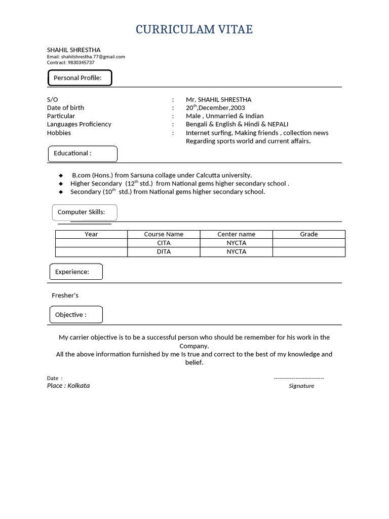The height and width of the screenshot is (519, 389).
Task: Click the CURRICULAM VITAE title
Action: pyautogui.click(x=194, y=30)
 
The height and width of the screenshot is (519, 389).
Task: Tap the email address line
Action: pyautogui.click(x=86, y=57)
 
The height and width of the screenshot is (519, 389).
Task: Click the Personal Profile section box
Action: pyautogui.click(x=80, y=78)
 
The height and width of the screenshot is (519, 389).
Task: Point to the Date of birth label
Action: pyautogui.click(x=65, y=108)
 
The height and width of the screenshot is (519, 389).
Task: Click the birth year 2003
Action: pyautogui.click(x=238, y=108)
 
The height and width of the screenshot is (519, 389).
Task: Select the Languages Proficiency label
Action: pyautogui.click(x=79, y=124)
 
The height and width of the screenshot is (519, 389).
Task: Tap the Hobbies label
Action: pyautogui.click(x=59, y=133)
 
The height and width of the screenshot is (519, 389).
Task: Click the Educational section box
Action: pyautogui.click(x=83, y=154)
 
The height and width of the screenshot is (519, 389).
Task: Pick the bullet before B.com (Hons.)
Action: pyautogui.click(x=61, y=175)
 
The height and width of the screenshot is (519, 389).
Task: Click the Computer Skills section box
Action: pyautogui.click(x=85, y=212)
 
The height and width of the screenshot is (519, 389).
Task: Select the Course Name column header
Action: pyautogui.click(x=164, y=234)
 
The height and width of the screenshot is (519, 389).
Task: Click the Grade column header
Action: pyautogui.click(x=308, y=234)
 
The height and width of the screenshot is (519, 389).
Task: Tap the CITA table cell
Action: pyautogui.click(x=164, y=243)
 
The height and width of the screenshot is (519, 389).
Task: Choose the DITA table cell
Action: pyautogui.click(x=164, y=251)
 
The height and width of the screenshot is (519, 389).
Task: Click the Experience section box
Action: pyautogui.click(x=76, y=272)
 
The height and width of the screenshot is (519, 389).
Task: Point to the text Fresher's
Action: pyautogui.click(x=65, y=295)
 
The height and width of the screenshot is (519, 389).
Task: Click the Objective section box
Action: pyautogui.click(x=76, y=315)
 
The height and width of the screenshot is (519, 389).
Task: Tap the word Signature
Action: pyautogui.click(x=301, y=386)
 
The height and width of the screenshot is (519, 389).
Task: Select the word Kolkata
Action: pyautogui.click(x=79, y=386)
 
